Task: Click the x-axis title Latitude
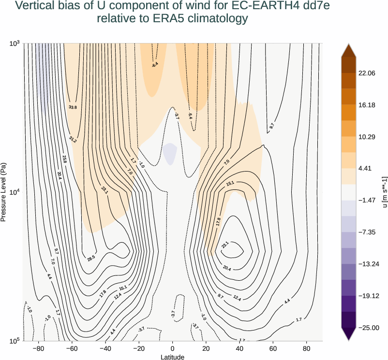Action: pyautogui.click(x=172, y=357)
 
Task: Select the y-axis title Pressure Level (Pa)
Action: pyautogui.click(x=4, y=192)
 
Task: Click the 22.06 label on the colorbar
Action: pyautogui.click(x=367, y=73)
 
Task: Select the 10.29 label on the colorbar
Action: pyautogui.click(x=367, y=137)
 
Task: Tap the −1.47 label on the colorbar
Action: pyautogui.click(x=367, y=200)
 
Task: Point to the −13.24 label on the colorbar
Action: pyautogui.click(x=367, y=264)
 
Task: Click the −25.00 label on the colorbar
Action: pyautogui.click(x=367, y=328)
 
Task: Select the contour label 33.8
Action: pyautogui.click(x=73, y=107)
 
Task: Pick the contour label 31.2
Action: pyautogui.click(x=73, y=140)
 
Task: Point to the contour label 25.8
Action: pyautogui.click(x=64, y=158)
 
